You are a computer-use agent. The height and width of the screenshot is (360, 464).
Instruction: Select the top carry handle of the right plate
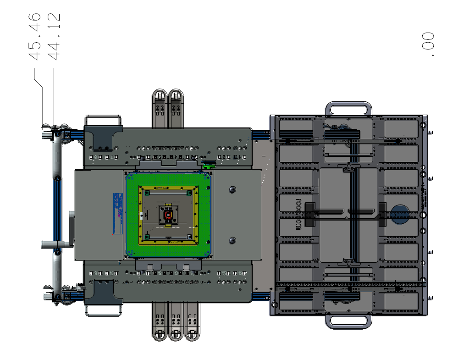click(x=348, y=109)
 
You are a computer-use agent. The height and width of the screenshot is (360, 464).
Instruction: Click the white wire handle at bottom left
click(x=103, y=310)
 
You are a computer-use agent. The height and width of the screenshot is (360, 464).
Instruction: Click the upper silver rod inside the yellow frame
click(x=168, y=194)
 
